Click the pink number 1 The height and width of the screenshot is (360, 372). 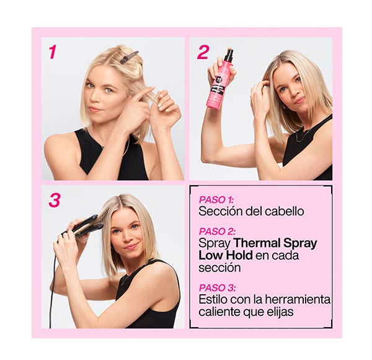point(53,52)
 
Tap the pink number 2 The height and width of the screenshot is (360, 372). point(203,52)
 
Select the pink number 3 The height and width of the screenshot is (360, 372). point(55,200)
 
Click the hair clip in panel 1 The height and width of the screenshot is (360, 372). point(128,57)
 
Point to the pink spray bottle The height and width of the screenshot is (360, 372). point(219,81)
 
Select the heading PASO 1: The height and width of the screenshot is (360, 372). point(216,200)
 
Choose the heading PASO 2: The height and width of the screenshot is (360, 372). point(217,232)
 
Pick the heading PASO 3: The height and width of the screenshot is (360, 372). point(217,288)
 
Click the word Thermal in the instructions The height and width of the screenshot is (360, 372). point(253,243)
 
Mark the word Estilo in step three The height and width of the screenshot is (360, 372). point(213,299)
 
